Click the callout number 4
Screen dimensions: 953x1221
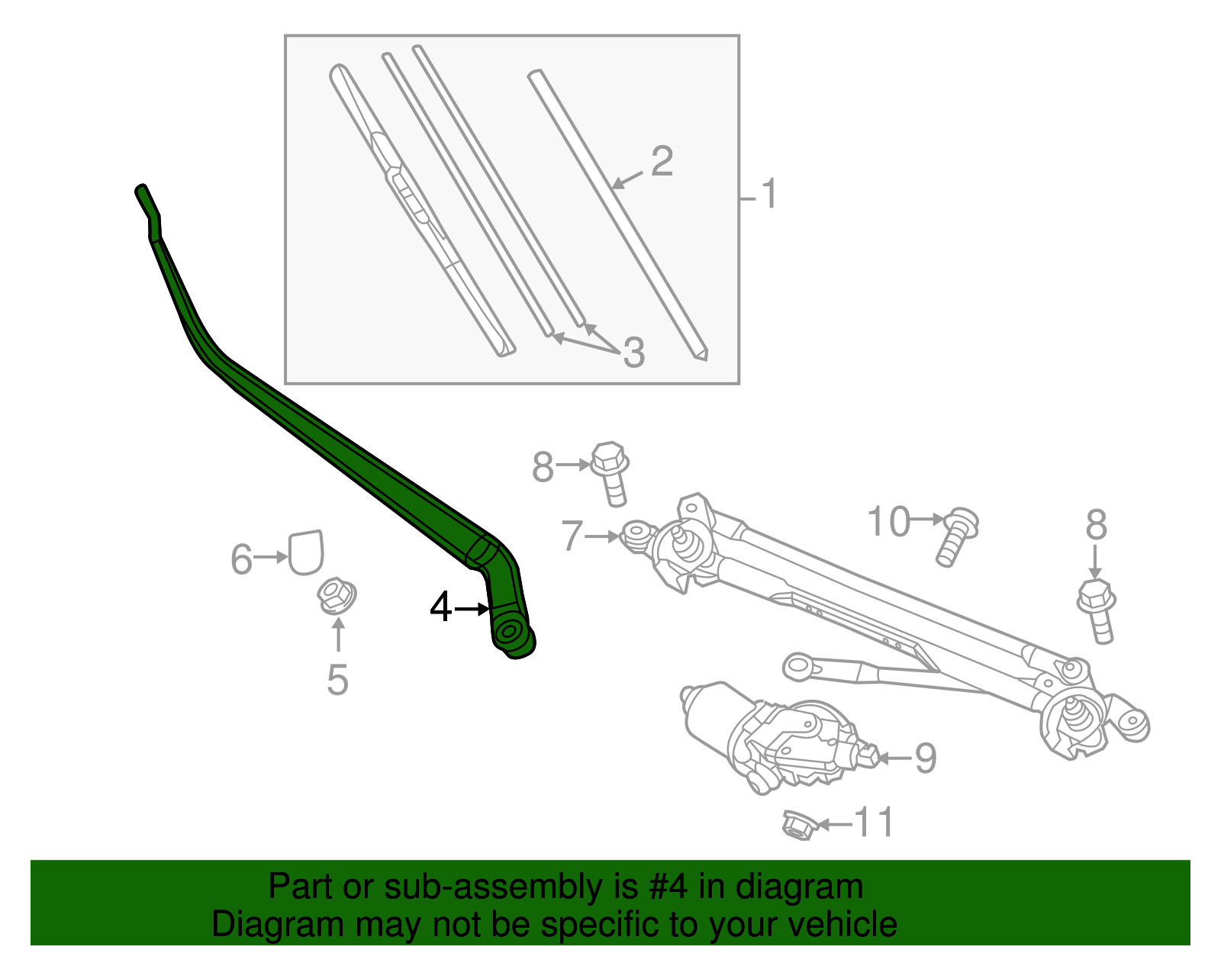[440, 608]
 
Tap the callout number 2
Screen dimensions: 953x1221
[662, 163]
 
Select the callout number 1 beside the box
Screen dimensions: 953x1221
[768, 194]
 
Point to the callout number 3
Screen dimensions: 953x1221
[633, 353]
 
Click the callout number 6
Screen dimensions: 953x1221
[241, 559]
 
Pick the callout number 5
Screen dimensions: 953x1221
[337, 680]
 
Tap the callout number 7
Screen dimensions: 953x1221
[572, 536]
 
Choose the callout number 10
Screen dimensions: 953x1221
[889, 522]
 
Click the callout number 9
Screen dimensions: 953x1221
[925, 758]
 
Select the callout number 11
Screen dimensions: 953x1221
[873, 823]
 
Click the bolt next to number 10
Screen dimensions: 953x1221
[956, 536]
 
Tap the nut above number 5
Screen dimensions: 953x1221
[337, 596]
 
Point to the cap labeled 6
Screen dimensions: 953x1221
[306, 552]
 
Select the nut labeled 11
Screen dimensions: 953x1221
[799, 825]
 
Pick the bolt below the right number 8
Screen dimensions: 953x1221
[1097, 610]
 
